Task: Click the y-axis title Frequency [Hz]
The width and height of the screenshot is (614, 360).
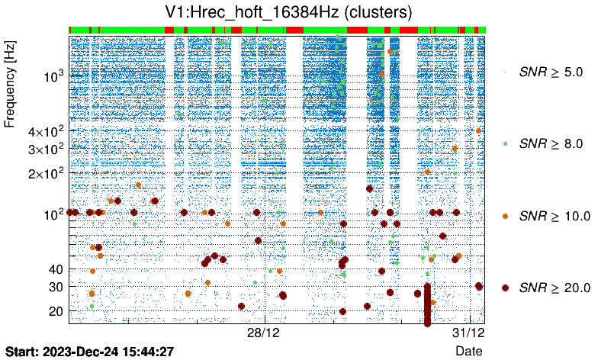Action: (11, 85)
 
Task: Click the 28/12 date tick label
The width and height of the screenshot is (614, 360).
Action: (265, 334)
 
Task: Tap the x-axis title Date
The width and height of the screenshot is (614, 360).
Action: (468, 351)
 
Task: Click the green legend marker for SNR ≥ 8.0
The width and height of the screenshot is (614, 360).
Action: (505, 143)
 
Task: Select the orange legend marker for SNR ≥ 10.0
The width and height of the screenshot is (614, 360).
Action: (505, 216)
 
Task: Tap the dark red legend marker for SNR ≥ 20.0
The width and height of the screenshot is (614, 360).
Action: (505, 288)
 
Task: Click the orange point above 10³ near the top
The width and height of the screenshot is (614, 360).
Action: (390, 51)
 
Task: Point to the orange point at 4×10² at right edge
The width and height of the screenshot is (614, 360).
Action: (478, 130)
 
